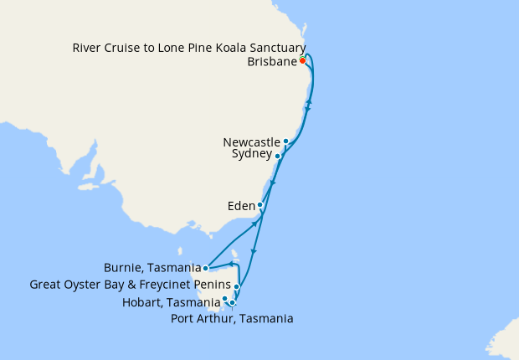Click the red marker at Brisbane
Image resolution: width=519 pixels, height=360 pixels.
point(302,60)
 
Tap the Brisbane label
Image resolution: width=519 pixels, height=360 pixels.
point(272,62)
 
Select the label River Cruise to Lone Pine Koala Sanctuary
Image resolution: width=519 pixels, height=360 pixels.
point(188,48)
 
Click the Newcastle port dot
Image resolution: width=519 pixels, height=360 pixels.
point(286,141)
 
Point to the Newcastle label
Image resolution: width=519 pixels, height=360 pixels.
point(251,141)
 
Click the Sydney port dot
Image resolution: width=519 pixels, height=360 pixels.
point(277,156)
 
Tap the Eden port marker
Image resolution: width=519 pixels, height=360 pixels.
point(260,205)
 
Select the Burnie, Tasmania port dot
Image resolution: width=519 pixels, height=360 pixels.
point(206,269)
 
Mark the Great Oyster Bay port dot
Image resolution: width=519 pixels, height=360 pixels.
point(237,286)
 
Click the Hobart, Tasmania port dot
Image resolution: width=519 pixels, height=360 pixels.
point(224,299)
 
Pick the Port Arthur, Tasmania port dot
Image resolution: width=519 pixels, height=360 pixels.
point(233,303)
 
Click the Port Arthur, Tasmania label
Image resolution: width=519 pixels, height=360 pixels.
point(232,318)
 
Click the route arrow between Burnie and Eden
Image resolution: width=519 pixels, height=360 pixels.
point(254,224)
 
